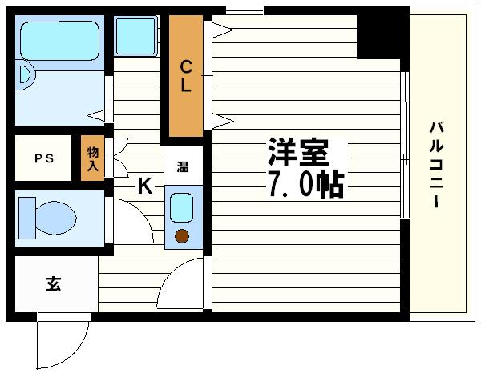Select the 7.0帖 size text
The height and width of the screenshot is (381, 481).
305,185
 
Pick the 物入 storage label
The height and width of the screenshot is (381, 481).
92,158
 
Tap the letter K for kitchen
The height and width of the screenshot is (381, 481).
144,186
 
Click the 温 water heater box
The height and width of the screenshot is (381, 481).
182,167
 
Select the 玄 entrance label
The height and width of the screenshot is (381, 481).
53,283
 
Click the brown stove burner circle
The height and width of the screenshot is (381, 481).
182,236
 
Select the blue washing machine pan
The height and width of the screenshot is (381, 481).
135,35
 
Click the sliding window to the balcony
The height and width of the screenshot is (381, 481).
405,144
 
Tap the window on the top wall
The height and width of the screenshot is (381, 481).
244,10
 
